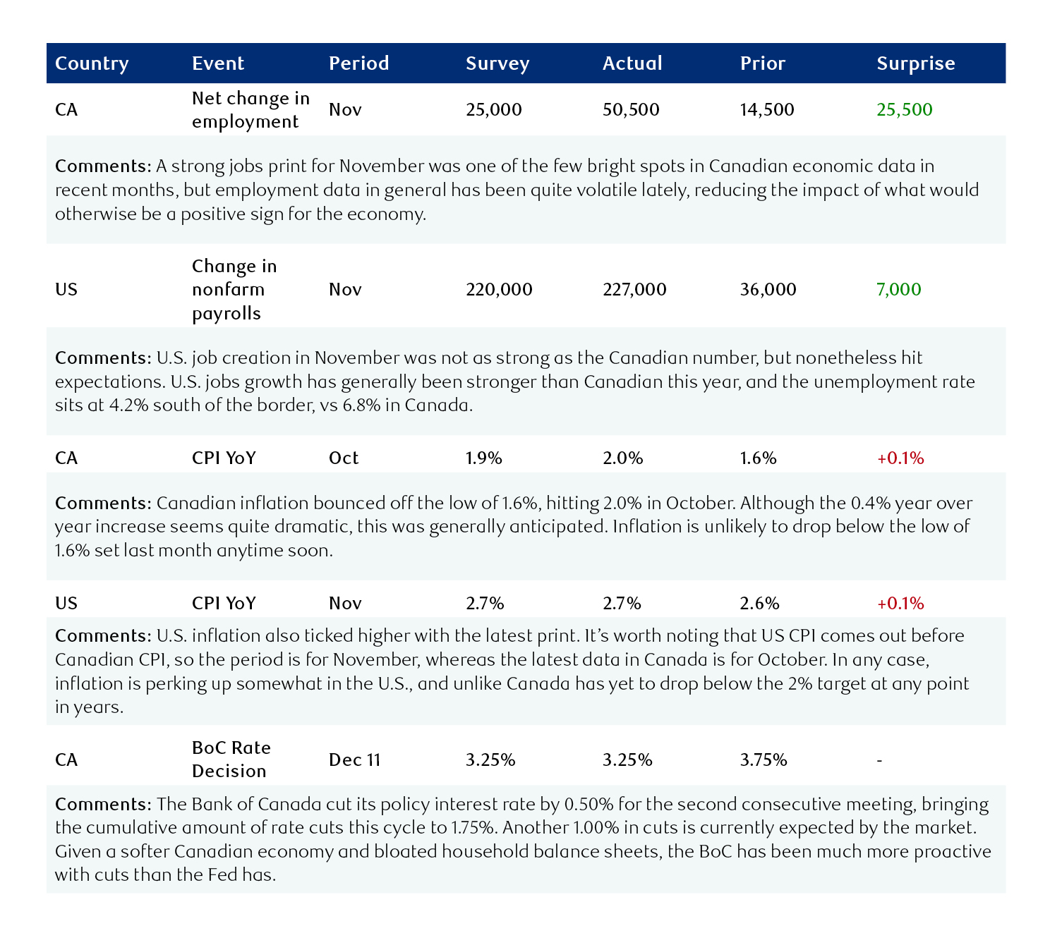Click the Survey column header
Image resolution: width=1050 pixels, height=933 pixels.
pos(497,63)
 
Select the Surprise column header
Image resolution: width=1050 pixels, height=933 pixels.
pos(915,63)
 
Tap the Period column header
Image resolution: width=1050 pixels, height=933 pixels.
pos(358,63)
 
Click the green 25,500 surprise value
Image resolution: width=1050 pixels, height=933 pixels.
pos(904,110)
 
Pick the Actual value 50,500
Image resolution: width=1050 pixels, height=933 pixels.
pos(631,110)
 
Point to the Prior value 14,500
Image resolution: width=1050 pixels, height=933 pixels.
pos(766,110)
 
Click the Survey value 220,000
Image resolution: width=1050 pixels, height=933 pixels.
pos(499,290)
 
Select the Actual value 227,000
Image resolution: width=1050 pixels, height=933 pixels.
pos(634,290)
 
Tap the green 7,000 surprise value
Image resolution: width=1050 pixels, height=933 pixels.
pos(898,290)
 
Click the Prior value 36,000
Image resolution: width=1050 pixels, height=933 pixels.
pos(768,290)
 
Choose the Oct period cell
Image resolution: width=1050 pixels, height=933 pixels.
pos(344,458)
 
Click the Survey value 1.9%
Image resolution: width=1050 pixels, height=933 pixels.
pos(483,458)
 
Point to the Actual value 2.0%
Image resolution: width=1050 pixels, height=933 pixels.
pos(622,458)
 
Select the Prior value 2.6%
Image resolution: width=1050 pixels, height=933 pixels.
pos(759,604)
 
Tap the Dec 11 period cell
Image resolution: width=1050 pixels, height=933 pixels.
pos(354,760)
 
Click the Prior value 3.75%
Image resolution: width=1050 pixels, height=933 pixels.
pos(764,760)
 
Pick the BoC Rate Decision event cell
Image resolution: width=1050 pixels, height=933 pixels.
pos(231,760)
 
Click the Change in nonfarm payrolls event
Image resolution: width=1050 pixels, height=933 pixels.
pos(234,290)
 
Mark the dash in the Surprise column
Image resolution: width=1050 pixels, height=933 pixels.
pos(879,760)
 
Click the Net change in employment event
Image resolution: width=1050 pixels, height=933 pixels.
pos(251,110)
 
